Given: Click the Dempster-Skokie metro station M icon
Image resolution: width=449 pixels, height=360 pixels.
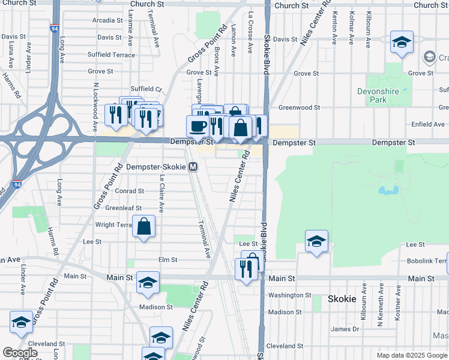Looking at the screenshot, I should (x=193, y=167).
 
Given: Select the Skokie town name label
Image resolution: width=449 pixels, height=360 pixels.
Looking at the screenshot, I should (x=342, y=298).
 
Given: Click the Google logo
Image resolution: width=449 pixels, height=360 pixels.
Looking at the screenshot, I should (x=20, y=353).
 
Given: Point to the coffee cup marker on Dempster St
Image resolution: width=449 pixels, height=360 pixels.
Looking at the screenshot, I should (x=198, y=126).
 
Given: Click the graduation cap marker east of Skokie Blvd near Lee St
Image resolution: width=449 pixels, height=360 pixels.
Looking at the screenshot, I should (x=316, y=242).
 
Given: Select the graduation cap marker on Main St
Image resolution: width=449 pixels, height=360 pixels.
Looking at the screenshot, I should (x=148, y=284).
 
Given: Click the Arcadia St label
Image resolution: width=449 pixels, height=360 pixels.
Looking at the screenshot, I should (x=107, y=20).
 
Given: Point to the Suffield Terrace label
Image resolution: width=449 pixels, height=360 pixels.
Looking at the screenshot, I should (x=111, y=55).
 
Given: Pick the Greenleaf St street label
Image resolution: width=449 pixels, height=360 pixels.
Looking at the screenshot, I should (x=123, y=208).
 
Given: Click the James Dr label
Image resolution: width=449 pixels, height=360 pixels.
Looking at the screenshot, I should (x=345, y=329).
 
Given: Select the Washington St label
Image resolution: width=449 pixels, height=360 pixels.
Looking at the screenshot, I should (x=289, y=295).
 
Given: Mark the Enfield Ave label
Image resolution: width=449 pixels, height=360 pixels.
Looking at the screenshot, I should (x=428, y=124).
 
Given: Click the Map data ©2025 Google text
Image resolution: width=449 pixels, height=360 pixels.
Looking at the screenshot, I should (x=412, y=355).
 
